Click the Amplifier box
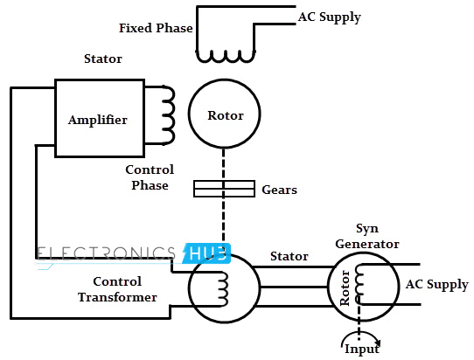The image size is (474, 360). coord(99,117)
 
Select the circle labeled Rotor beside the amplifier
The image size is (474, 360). coord(225,115)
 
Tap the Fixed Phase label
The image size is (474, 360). coord(156,28)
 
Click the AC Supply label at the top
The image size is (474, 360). coord(329,17)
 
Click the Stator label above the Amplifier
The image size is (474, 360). coord(102,59)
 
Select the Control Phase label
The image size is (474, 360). coord(150,177)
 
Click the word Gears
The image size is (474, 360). coord(279,189)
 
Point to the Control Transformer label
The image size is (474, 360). coord(124,289)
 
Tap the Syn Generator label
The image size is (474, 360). coord(366,236)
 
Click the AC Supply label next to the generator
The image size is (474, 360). coord(436,285)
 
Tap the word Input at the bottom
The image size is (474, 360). coord(361,350)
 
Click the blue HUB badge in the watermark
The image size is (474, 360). coord(207,253)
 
